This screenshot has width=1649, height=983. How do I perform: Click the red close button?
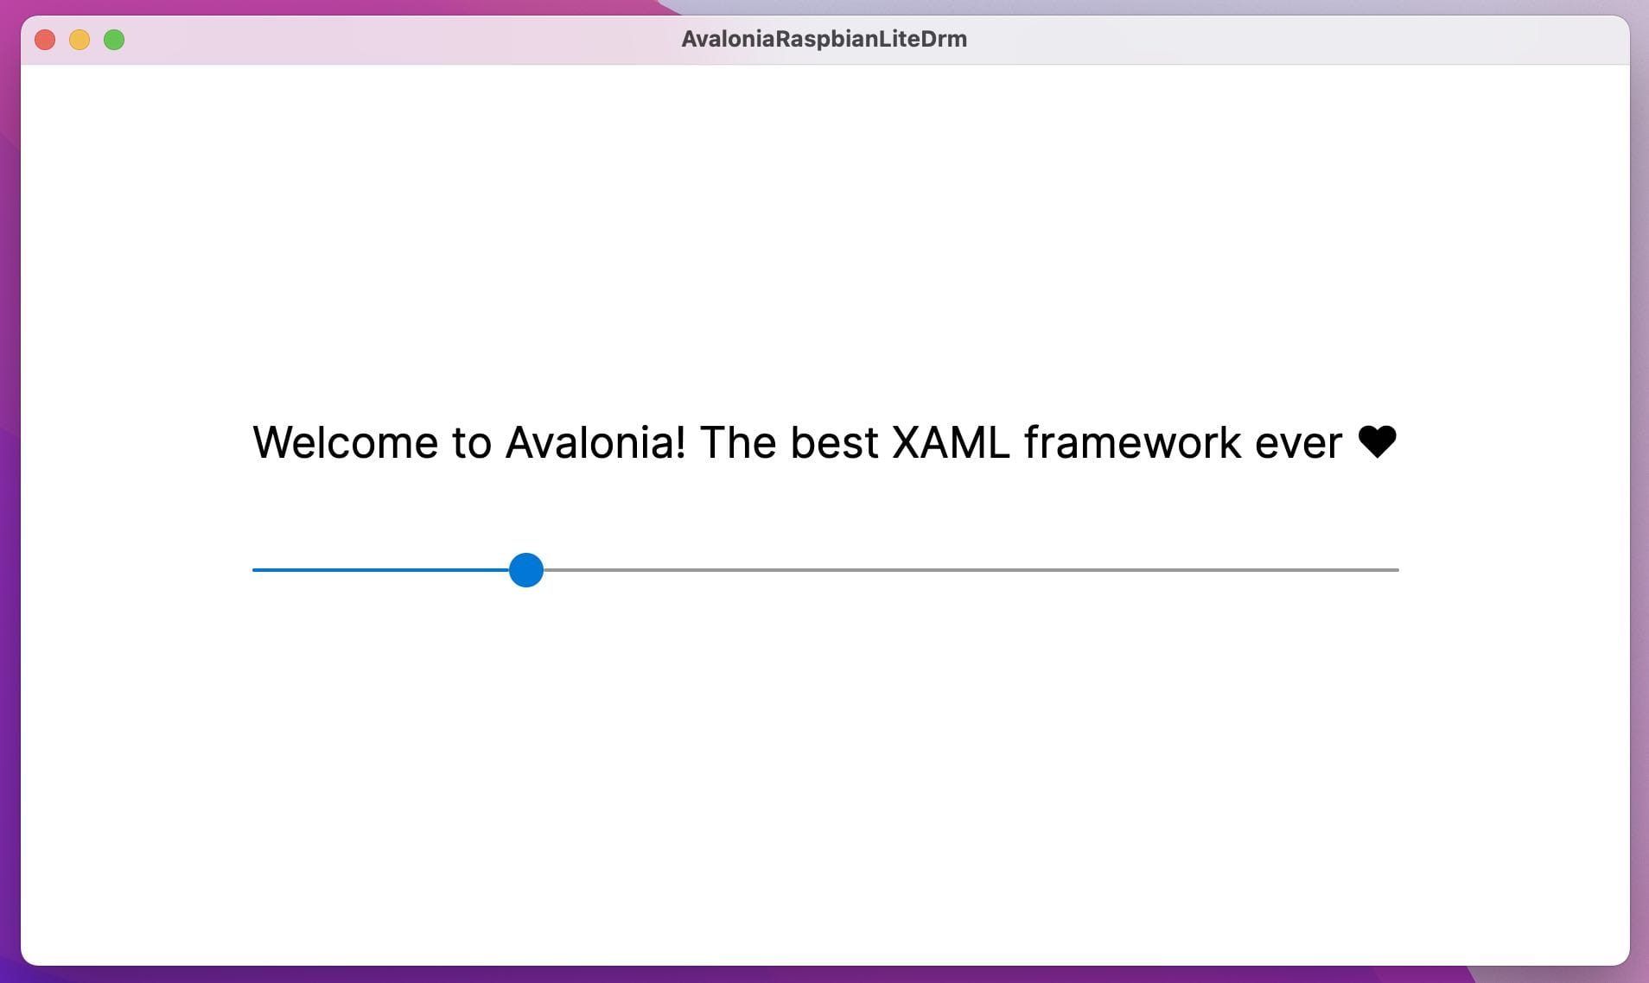pyautogui.click(x=45, y=40)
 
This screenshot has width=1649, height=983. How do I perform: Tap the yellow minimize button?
pyautogui.click(x=80, y=40)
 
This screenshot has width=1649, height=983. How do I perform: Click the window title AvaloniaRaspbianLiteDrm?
pyautogui.click(x=824, y=39)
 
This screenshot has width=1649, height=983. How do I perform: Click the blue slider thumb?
pyautogui.click(x=526, y=570)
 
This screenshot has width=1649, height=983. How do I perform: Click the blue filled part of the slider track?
pyautogui.click(x=381, y=570)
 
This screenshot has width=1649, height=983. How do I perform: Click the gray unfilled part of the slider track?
pyautogui.click(x=971, y=570)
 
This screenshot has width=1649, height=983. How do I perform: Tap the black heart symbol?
pyautogui.click(x=1378, y=442)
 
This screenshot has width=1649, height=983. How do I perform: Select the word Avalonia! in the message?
pyautogui.click(x=595, y=442)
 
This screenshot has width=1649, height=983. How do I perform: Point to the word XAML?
pyautogui.click(x=951, y=442)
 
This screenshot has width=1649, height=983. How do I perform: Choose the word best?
pyautogui.click(x=834, y=442)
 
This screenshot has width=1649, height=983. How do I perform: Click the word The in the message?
pyautogui.click(x=738, y=442)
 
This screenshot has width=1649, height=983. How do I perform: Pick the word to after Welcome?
pyautogui.click(x=472, y=444)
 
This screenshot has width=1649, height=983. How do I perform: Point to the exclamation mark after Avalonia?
pyautogui.click(x=680, y=442)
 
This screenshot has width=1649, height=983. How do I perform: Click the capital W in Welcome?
pyautogui.click(x=276, y=442)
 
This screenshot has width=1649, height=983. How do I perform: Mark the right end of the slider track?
pyautogui.click(x=1398, y=570)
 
